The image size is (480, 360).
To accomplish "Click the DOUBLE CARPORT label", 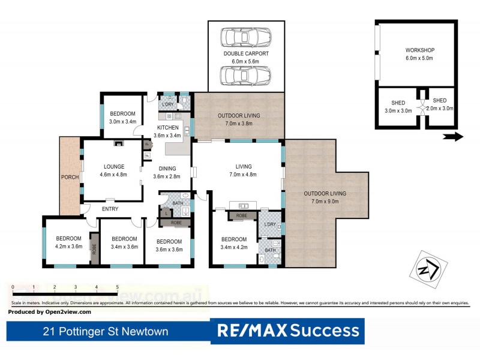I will pyautogui.click(x=246, y=53).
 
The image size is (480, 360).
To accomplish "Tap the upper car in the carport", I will pyautogui.click(x=246, y=38).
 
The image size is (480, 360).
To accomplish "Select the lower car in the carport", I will pyautogui.click(x=246, y=76).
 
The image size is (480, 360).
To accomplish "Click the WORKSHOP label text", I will pyautogui.click(x=419, y=50).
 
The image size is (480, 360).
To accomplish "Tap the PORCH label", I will pyautogui.click(x=70, y=178).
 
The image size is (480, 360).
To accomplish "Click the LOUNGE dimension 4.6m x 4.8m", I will pyautogui.click(x=113, y=175).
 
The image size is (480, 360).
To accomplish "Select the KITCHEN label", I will pyautogui.click(x=168, y=128).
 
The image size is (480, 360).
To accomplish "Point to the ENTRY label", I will pyautogui.click(x=110, y=209).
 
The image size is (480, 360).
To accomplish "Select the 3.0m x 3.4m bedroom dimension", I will pyautogui.click(x=122, y=122).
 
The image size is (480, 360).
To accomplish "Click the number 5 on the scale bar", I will pyautogui.click(x=118, y=287).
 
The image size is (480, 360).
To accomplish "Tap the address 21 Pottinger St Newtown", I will pyautogui.click(x=106, y=331).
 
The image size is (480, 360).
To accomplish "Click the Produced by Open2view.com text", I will pyautogui.click(x=50, y=311).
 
